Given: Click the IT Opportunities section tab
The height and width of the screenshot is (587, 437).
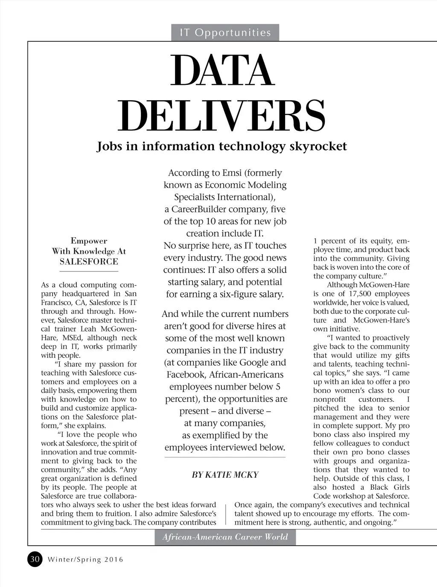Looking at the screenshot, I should (225, 32).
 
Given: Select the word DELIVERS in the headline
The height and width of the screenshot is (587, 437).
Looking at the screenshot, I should (221, 116).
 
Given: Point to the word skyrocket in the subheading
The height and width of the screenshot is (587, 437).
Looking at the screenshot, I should (318, 146).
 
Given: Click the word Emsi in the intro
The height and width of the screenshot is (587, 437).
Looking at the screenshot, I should (232, 173).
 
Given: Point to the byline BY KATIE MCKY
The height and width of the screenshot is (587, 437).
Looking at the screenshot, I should (225, 475).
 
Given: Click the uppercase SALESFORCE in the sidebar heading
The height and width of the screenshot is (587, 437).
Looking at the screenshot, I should (89, 262).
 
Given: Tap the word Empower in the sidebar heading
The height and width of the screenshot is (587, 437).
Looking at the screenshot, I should (89, 241).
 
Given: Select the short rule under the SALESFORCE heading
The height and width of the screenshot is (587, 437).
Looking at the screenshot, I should (89, 271).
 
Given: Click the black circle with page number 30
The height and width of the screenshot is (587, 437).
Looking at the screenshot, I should (35, 559).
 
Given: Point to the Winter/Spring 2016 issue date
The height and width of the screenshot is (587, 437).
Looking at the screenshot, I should (85, 559).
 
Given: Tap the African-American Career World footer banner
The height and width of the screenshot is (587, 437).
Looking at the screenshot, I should (225, 537).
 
